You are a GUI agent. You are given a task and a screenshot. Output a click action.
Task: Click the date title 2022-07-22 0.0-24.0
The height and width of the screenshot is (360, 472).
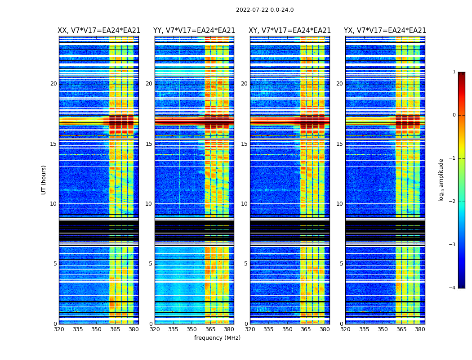tap(265, 10)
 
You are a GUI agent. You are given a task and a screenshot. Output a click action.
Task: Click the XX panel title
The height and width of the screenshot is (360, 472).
tap(99, 31)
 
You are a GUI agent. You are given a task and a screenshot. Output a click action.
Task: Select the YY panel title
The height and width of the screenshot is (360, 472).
tap(194, 31)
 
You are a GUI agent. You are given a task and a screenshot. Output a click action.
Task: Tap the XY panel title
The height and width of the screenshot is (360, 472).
tap(290, 31)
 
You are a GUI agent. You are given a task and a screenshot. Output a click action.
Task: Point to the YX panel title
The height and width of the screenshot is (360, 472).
tap(385, 31)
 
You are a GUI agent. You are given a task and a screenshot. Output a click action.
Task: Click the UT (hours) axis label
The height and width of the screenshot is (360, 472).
tap(44, 180)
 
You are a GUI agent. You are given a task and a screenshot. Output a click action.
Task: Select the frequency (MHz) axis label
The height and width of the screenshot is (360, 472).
tap(217, 338)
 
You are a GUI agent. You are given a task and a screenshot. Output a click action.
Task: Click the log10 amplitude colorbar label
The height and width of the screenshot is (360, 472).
tap(441, 180)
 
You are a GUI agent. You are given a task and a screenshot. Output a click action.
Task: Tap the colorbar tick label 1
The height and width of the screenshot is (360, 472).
tap(454, 72)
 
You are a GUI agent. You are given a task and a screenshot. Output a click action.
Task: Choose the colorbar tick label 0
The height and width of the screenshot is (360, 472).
tap(454, 115)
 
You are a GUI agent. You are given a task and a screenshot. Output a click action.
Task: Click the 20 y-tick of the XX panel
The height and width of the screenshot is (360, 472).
tap(53, 84)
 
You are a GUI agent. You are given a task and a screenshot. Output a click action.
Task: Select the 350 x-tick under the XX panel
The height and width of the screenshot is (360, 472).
tap(96, 329)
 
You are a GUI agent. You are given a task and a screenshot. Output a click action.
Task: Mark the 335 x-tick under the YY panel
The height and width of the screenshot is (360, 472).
tap(173, 329)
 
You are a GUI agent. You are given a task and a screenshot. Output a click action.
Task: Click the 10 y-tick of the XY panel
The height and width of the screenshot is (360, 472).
tap(244, 204)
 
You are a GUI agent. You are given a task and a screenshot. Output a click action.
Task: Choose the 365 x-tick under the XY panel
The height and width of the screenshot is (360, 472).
tap(306, 329)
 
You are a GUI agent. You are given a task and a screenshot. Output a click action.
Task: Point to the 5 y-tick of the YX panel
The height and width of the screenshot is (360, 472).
tap(341, 264)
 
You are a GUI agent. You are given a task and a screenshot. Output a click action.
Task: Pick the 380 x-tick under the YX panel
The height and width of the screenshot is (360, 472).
tap(420, 329)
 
